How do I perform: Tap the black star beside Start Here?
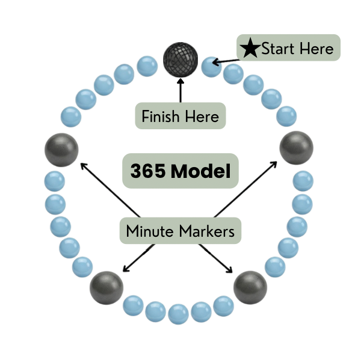tap(251, 48)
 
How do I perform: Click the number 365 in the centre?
tap(148, 172)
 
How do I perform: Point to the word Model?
tap(200, 172)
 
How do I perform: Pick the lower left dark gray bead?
tap(106, 287)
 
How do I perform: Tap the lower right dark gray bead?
tap(250, 287)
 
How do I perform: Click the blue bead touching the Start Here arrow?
tap(212, 66)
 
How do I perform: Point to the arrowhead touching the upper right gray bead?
tap(275, 162)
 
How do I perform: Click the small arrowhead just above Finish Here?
tap(179, 88)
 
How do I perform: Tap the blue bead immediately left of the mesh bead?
tap(147, 66)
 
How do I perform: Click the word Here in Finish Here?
tap(202, 116)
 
